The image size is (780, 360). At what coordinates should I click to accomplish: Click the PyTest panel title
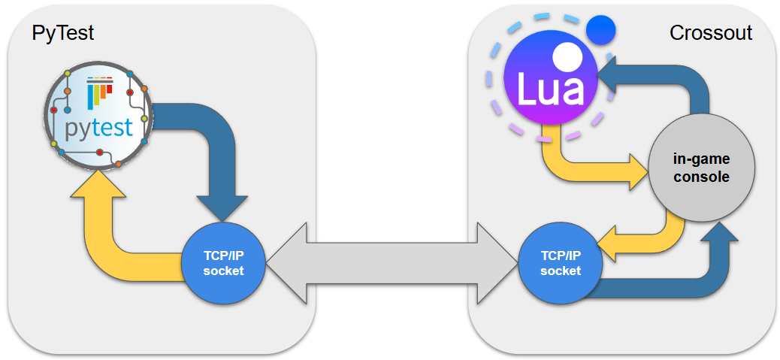tap(62, 33)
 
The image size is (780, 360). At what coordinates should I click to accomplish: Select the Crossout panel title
tap(710, 33)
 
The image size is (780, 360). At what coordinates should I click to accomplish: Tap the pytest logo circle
tap(98, 116)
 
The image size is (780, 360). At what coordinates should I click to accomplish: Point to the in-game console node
tap(701, 168)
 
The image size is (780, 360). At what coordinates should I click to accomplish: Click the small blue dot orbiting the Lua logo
tap(600, 31)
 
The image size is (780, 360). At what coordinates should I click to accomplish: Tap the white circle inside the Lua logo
tap(567, 56)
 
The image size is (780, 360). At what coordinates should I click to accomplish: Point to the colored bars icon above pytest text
tap(99, 93)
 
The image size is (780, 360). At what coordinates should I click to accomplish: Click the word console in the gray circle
tap(701, 177)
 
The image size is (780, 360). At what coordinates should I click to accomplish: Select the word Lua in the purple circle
tap(549, 89)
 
